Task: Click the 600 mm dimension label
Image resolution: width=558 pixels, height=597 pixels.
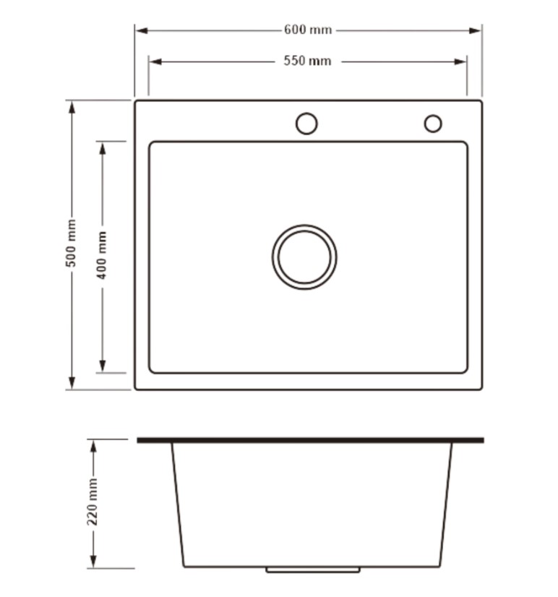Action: tap(308, 30)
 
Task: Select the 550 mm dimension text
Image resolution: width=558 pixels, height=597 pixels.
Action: tap(307, 61)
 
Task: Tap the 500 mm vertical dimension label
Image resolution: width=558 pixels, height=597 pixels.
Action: tap(72, 243)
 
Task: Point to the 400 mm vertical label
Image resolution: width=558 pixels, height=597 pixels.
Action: tap(102, 254)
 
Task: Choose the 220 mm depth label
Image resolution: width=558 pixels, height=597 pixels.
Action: tap(93, 502)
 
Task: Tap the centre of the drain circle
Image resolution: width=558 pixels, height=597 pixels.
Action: tap(304, 257)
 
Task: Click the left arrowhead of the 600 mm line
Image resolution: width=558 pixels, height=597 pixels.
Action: tap(142, 30)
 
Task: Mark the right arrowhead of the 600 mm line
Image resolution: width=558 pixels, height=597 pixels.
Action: tap(475, 30)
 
